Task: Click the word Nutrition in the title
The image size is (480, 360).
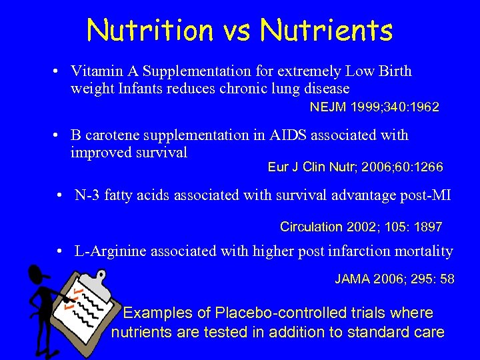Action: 150,30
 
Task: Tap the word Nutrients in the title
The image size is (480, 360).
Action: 327,30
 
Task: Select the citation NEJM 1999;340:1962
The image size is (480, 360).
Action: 374,107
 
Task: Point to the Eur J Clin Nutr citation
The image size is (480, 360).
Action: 355,167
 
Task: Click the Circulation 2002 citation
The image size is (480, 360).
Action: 361,227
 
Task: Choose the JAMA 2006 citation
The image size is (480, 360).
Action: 394,279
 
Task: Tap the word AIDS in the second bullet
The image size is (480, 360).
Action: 294,135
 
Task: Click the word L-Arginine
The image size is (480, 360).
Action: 110,251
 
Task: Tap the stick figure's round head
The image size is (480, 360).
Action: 39,273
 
